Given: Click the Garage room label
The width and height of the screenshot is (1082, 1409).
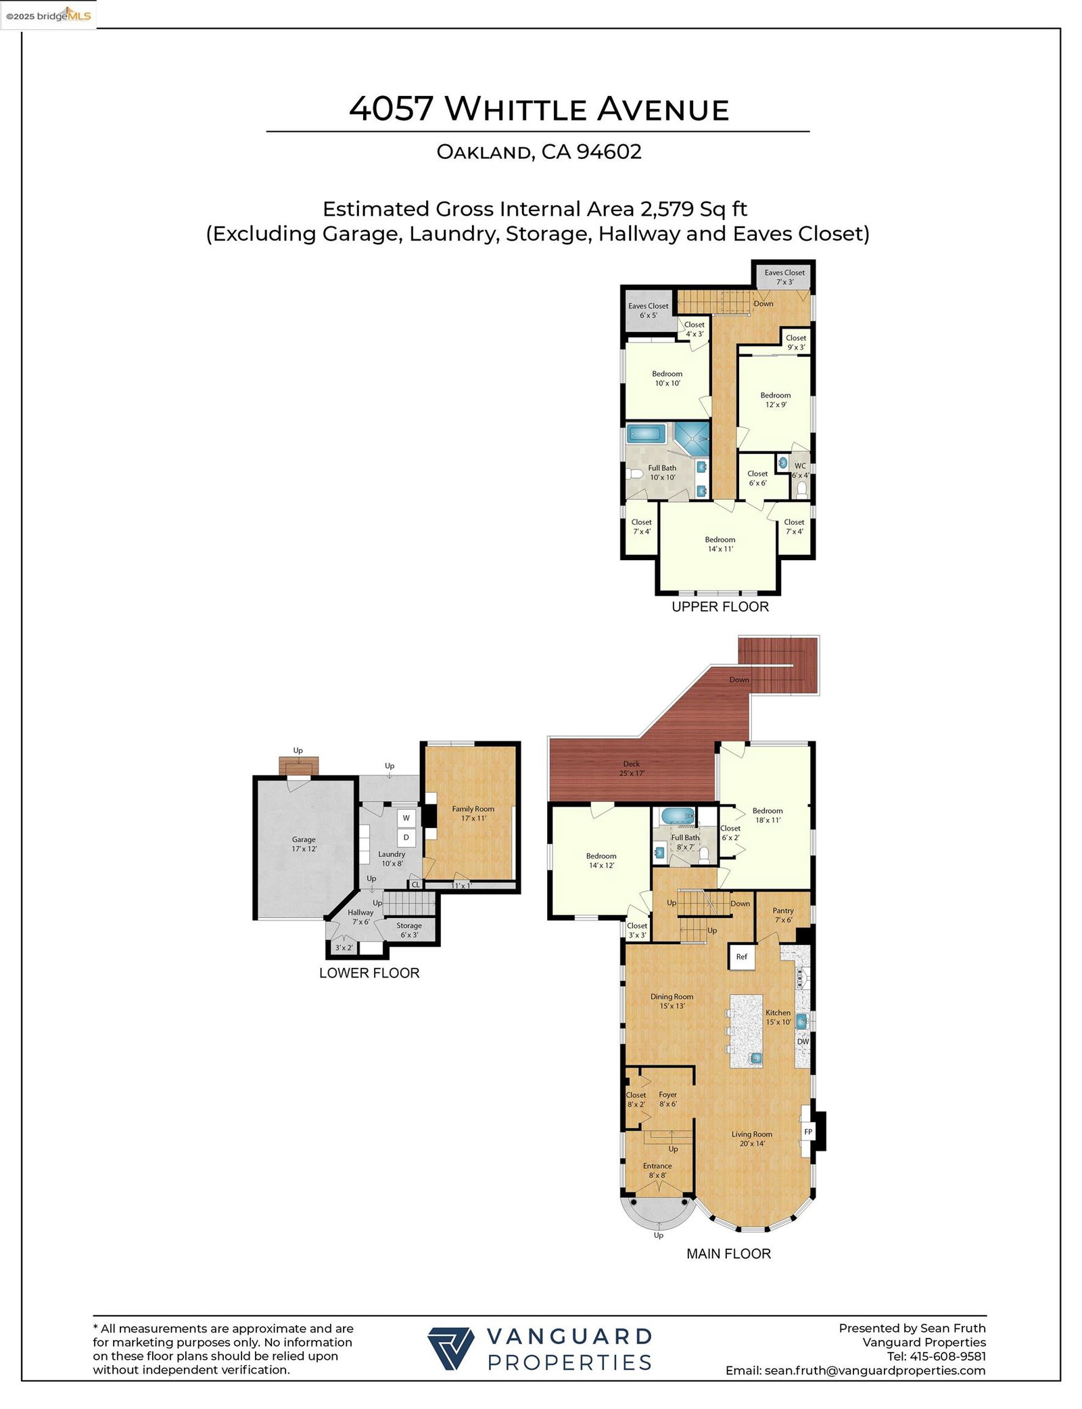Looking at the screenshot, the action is (x=304, y=844).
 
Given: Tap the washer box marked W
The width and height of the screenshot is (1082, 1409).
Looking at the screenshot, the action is (x=406, y=818).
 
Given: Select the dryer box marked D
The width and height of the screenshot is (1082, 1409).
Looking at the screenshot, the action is (x=406, y=837).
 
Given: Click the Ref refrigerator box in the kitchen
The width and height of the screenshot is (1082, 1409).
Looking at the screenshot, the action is (x=742, y=956).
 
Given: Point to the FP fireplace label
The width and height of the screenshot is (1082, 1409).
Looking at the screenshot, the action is (x=807, y=1132).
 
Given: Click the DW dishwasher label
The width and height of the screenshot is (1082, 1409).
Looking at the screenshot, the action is (x=803, y=1041).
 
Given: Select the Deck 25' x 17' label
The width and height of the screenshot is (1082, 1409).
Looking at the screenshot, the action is (x=632, y=768).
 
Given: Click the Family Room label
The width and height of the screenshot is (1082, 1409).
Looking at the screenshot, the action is (x=473, y=813).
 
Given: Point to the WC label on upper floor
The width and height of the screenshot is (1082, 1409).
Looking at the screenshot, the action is (x=800, y=466).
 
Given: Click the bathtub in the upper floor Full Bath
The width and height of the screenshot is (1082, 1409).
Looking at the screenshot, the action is (x=647, y=433).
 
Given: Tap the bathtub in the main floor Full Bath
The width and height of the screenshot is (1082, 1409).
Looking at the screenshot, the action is (x=678, y=816).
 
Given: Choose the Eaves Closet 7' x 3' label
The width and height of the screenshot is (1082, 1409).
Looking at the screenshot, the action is (x=784, y=277).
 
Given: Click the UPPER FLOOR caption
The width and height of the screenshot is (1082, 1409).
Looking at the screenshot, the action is (x=720, y=607).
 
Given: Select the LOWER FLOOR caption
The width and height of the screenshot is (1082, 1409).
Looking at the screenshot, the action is (x=369, y=973).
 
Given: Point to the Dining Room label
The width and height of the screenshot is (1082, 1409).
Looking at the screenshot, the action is (x=672, y=1001).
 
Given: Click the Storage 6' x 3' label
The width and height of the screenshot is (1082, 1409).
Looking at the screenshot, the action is (x=409, y=930).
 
